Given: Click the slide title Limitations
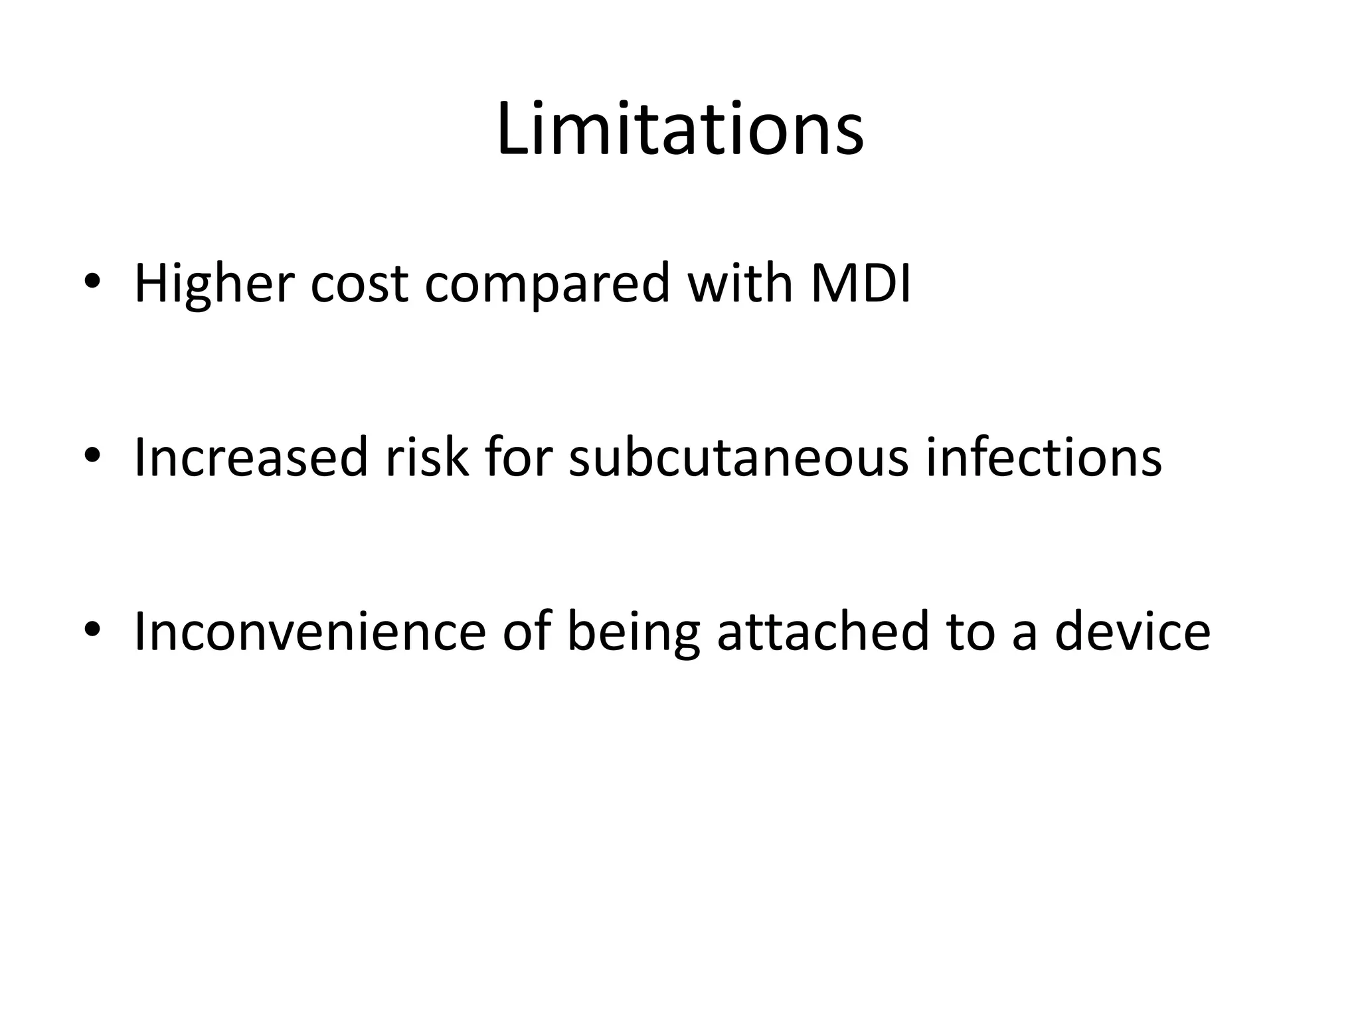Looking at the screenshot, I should click(679, 129).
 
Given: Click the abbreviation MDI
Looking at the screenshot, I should click(861, 284).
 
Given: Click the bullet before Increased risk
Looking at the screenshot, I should click(92, 456).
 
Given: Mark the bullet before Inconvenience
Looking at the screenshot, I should click(92, 630).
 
